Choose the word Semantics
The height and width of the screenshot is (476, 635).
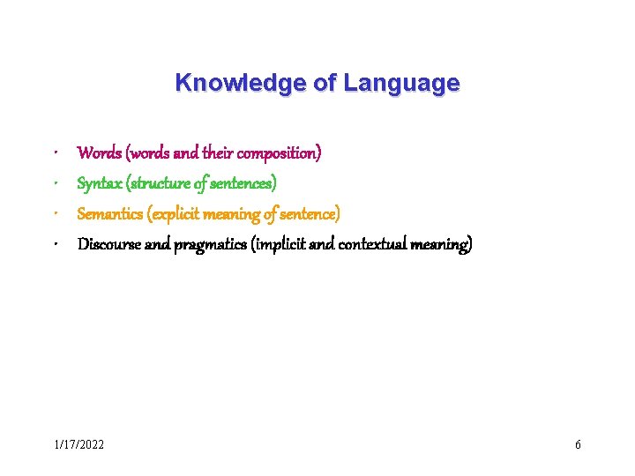tap(110, 213)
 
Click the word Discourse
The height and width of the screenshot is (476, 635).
tap(109, 244)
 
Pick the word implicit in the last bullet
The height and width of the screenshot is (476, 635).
tap(280, 244)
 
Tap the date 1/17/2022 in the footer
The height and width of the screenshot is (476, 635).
tap(79, 444)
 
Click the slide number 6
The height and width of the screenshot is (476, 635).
tap(578, 444)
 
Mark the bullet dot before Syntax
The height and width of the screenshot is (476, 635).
tap(56, 184)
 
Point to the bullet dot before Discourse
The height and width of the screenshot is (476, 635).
tap(56, 245)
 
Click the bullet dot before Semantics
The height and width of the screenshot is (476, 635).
tap(56, 214)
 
